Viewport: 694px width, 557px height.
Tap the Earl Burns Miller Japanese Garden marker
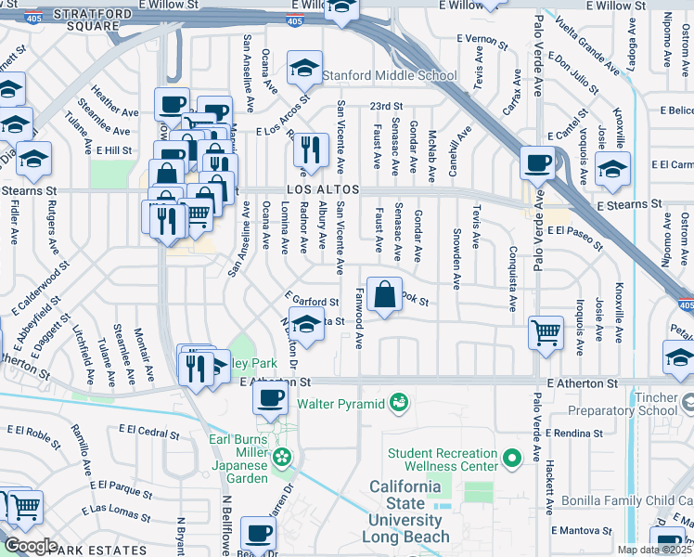(x=283, y=457)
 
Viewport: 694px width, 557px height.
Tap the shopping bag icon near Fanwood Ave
(x=384, y=296)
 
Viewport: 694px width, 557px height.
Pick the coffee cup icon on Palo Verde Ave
(x=537, y=164)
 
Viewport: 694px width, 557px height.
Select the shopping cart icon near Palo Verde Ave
(x=546, y=331)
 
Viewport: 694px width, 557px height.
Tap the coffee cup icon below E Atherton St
(x=270, y=397)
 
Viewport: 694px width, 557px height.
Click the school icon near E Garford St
(x=306, y=325)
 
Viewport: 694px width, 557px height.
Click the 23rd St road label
(x=386, y=107)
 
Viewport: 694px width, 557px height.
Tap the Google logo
(x=31, y=546)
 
